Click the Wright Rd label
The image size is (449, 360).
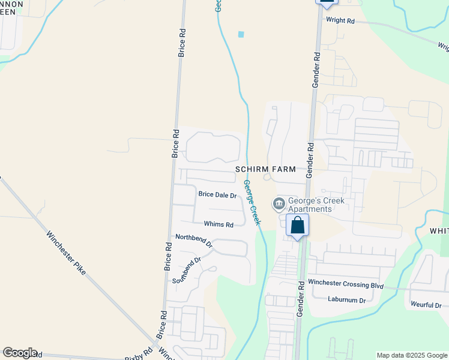pos(340,20)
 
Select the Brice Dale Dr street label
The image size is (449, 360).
pos(217,194)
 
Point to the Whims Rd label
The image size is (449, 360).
pos(218,224)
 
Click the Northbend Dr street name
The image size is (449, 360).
pos(194,241)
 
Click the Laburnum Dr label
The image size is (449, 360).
pos(346,299)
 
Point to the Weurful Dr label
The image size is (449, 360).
pos(426,305)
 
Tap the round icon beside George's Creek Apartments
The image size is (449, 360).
pos(279,205)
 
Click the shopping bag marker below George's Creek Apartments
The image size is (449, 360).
pos(297,226)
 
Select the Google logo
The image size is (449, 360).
pos(20,353)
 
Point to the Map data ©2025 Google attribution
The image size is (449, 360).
pos(412,355)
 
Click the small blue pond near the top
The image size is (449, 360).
pos(241,34)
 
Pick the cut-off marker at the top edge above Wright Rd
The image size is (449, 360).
pos(326,3)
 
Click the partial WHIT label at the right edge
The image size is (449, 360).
pos(439,231)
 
